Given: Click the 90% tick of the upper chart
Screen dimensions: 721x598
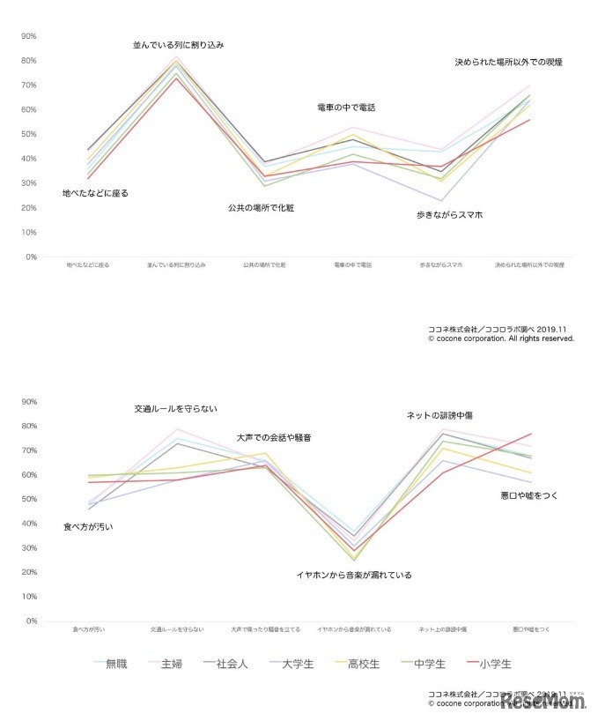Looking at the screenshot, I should [27, 36].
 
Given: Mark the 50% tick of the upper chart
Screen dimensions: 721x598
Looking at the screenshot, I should [27, 134].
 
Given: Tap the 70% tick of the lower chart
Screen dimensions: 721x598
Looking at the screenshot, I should [27, 450].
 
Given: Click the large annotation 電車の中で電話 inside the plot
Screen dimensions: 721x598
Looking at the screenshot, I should [346, 108].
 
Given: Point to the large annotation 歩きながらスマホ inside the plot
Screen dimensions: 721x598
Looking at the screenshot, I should [449, 215].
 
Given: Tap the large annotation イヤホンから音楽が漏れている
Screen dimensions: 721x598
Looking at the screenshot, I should [353, 575].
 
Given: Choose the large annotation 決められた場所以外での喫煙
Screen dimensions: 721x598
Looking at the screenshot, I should [508, 63].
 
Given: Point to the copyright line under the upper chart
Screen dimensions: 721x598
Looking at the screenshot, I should [501, 338].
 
